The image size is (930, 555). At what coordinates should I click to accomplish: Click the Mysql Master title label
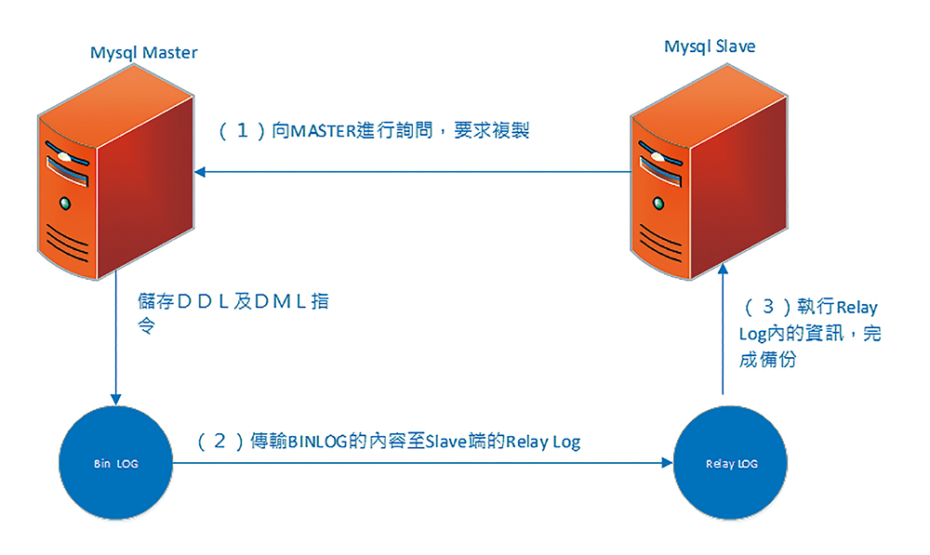143,53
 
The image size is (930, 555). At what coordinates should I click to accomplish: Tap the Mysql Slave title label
710,46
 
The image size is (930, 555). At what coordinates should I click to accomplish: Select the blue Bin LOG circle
115,463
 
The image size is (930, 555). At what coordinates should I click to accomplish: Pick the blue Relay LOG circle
731,463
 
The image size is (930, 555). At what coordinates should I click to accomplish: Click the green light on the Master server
65,204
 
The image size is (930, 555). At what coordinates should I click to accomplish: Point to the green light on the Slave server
658,204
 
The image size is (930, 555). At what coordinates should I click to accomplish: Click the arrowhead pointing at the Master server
200,172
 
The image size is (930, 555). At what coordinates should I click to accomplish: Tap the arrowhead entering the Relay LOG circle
667,463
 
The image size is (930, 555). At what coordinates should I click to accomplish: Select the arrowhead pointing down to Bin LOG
115,399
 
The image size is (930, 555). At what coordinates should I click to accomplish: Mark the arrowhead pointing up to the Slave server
723,270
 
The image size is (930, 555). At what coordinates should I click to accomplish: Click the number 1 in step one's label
242,130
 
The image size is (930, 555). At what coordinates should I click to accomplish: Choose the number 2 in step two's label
219,441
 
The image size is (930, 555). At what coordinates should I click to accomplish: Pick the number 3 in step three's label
768,307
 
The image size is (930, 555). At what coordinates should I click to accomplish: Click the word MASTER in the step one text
323,131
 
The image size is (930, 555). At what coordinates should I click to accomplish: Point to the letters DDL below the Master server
204,302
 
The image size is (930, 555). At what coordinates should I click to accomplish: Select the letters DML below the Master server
281,302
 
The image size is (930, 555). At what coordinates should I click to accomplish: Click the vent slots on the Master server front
66,243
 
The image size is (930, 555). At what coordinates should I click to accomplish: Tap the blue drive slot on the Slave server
660,171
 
